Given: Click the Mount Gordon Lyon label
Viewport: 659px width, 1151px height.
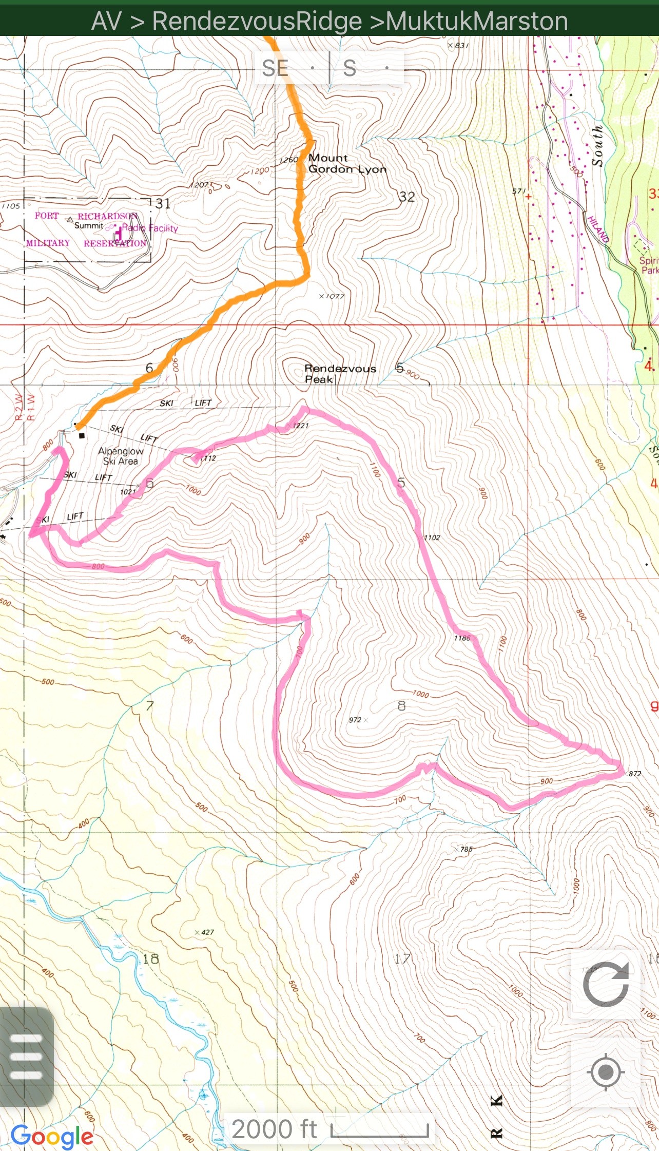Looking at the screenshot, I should coord(347,164).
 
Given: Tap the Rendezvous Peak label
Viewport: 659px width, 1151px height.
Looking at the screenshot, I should coord(339,374).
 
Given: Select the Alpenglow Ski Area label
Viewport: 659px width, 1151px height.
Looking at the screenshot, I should coord(121,456).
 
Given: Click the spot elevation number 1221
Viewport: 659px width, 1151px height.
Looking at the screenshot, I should coord(301,425).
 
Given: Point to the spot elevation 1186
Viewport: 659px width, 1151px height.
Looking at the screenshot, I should coord(462,638).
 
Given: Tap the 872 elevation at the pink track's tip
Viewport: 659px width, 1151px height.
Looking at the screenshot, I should coord(635,773).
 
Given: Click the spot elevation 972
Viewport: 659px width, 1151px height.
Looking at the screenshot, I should coord(355,720).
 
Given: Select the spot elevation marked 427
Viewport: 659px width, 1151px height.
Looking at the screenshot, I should coord(207,932).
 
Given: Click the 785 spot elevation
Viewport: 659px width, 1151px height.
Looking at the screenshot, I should coord(466,849).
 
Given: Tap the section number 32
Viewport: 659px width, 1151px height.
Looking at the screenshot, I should coord(406,197).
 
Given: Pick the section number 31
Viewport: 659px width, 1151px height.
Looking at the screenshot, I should coord(163,203).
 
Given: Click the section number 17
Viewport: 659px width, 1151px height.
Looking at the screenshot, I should coord(402,958).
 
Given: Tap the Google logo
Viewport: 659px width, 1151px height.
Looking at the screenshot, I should coord(52,1137).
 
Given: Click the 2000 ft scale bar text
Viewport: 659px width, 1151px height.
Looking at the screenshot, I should coord(274,1129).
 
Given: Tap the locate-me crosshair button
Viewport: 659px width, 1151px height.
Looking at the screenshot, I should coord(606,1072).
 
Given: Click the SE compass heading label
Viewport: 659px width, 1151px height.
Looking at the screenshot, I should coord(275,68).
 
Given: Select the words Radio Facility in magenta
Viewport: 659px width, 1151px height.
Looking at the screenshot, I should coord(150,228).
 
